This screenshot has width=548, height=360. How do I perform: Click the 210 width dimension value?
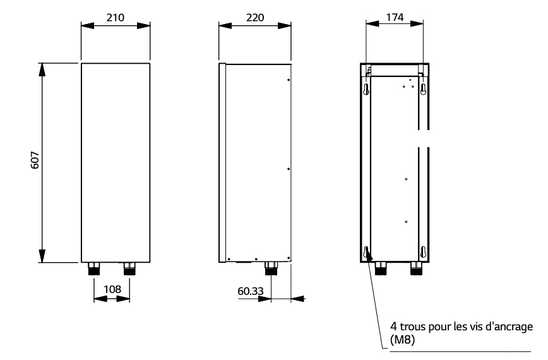point(114,16)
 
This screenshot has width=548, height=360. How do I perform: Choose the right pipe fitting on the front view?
point(129,268)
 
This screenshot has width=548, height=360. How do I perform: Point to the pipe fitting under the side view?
point(271,268)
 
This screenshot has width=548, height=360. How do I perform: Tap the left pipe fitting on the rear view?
point(381,270)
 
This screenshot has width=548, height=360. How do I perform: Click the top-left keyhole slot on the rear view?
point(367,89)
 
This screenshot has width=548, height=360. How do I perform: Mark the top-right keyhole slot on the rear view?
point(424,89)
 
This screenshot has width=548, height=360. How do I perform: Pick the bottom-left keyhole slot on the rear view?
point(367,251)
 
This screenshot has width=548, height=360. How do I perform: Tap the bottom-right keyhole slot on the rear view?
point(424,251)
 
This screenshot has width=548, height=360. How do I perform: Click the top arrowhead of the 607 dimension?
point(42,70)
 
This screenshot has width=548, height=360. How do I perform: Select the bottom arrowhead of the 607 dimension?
point(42,255)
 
